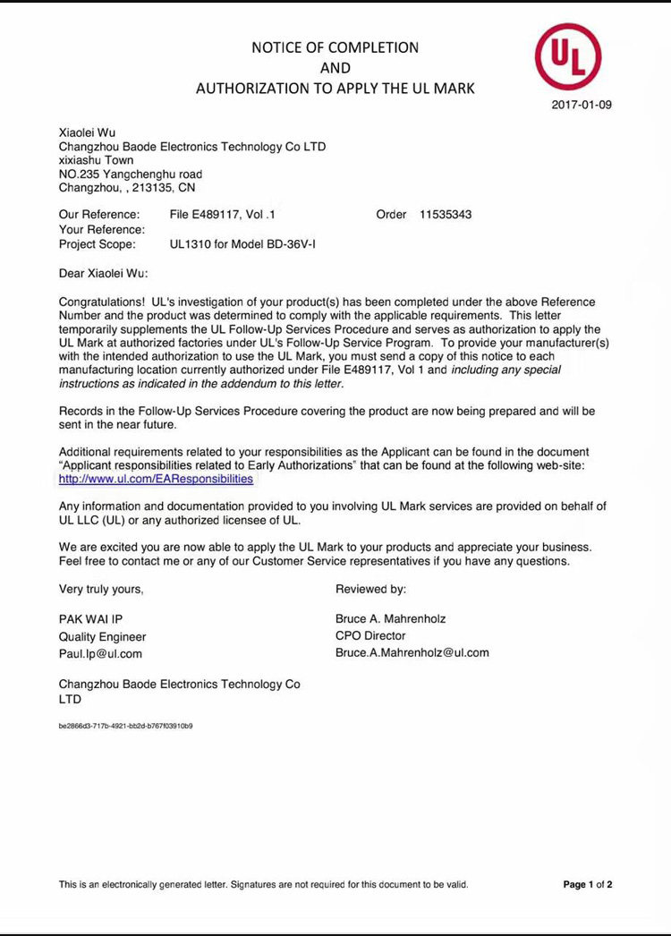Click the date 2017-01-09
(x=582, y=105)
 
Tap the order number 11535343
(x=446, y=215)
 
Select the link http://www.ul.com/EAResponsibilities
(x=156, y=479)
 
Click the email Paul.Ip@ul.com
(x=100, y=653)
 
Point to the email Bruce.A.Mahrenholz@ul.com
(x=412, y=652)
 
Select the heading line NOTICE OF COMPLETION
(x=335, y=47)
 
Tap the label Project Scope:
(x=98, y=243)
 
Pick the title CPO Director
(x=370, y=635)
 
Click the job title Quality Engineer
(x=102, y=636)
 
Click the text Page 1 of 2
(x=588, y=884)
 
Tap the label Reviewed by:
(x=371, y=589)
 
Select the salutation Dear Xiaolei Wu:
(x=104, y=273)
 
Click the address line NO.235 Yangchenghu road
(x=131, y=174)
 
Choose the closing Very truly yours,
(x=101, y=589)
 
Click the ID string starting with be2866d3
(x=125, y=726)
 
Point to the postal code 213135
(x=149, y=188)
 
